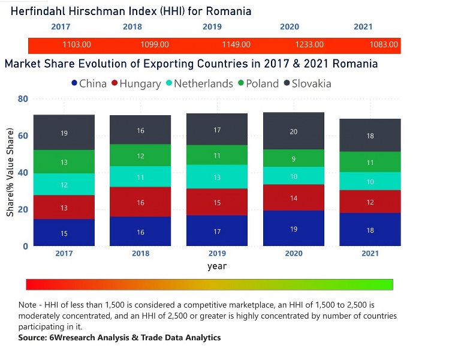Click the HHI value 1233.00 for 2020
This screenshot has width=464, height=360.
point(309,44)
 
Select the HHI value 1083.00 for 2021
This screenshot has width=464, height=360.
point(384,44)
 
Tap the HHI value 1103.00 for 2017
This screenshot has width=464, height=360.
point(77,44)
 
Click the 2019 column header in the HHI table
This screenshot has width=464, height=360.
point(212,27)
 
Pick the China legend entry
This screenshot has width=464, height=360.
point(89,84)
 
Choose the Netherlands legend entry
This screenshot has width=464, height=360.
point(198,84)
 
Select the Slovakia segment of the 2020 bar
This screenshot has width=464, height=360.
point(293,131)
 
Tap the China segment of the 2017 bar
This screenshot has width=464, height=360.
point(64,232)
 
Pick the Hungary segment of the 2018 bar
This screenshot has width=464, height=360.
point(140,202)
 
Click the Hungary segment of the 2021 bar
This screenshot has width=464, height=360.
point(370,202)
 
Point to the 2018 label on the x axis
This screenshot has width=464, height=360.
point(140,254)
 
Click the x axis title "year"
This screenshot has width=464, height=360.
point(217,266)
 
